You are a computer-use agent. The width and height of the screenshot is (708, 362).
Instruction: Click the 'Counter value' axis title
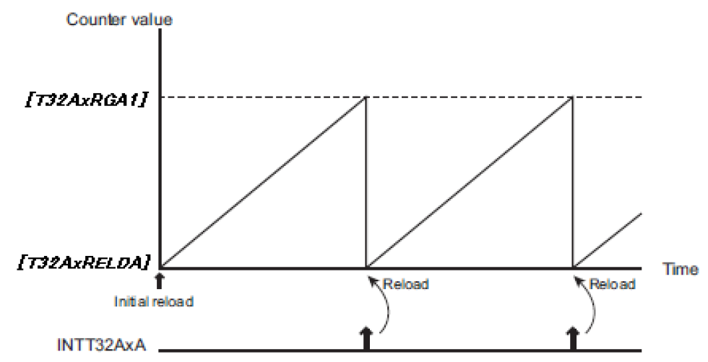click(119, 19)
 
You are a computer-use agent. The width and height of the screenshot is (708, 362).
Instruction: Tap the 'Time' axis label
click(681, 268)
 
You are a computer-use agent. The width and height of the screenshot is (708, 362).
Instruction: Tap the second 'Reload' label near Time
click(613, 284)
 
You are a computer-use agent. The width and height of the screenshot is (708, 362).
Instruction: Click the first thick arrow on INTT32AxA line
click(366, 337)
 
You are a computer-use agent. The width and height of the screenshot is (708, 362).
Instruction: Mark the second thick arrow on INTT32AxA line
click(572, 337)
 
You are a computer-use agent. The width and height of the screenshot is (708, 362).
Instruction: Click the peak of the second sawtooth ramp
click(571, 98)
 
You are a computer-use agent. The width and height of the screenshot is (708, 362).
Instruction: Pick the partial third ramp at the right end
click(607, 239)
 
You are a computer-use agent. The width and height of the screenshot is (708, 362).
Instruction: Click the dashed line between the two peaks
click(470, 97)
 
